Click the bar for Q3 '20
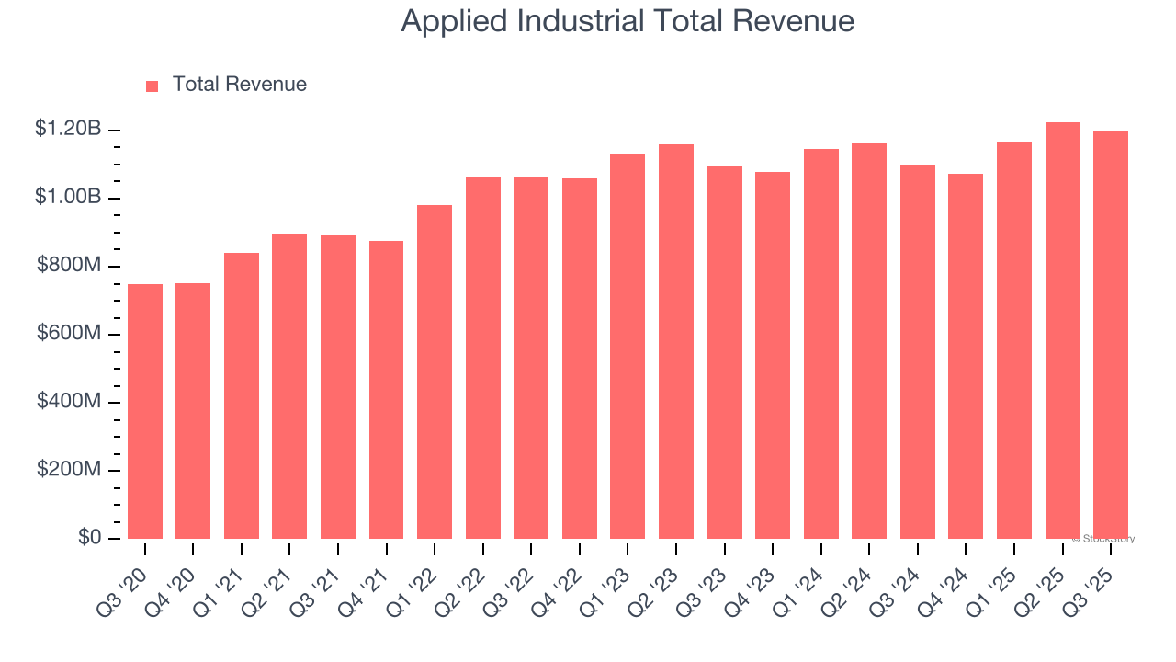coord(145,411)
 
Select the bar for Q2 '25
coord(1063,330)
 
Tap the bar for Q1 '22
coord(435,371)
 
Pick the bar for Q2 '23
coord(676,341)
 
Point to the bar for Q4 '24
coord(966,356)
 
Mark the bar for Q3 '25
coord(1111,335)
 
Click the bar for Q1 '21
coord(242,395)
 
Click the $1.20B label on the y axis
coord(68,129)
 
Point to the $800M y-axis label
coord(69,265)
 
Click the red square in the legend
coord(153,86)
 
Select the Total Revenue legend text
coord(239,85)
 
